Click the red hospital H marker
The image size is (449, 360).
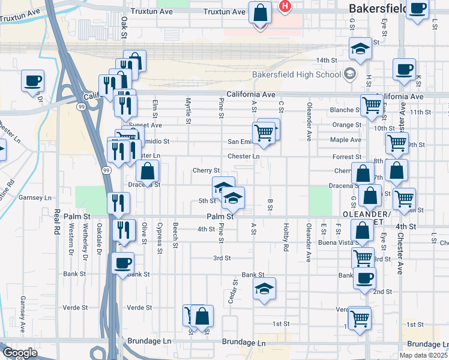pos(285,6)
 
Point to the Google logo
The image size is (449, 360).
pos(20,352)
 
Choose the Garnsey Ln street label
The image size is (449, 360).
pos(35,197)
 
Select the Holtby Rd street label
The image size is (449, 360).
pos(286,238)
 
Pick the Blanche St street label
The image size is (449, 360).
pos(345,110)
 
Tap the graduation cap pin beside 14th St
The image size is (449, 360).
pos(360,49)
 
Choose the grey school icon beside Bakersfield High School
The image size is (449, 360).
pos(349,74)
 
